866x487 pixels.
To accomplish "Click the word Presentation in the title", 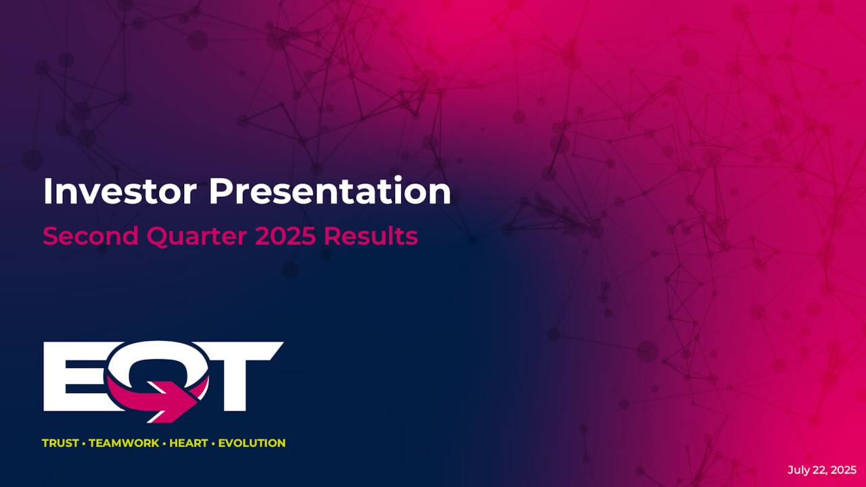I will (x=329, y=191).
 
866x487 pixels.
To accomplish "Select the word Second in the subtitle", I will (x=88, y=236).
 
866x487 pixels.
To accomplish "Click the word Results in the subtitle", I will (x=371, y=236).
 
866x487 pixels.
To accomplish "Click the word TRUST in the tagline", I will (x=60, y=443).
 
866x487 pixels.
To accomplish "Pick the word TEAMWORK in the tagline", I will (x=124, y=443).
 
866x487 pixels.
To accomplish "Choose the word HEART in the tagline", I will (x=189, y=443).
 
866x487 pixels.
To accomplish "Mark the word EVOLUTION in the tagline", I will (x=252, y=443).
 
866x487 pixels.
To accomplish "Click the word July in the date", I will (x=798, y=470).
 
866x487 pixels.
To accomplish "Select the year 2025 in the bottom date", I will (x=844, y=470).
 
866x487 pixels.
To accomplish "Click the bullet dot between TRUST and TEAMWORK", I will (x=84, y=443).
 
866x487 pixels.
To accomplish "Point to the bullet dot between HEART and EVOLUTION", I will (x=214, y=443).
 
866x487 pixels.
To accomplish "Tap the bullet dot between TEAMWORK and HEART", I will (x=164, y=443).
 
